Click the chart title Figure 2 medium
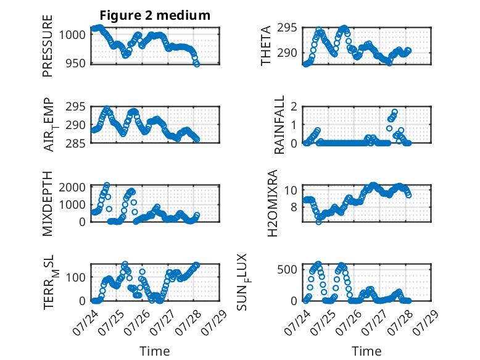tap(155, 15)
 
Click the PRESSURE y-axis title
tap(48, 46)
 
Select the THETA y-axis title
tap(266, 46)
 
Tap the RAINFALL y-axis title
tap(279, 125)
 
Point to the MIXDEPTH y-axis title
tap(48, 204)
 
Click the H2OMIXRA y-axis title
tap(272, 203)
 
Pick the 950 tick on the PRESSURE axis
tap(75, 64)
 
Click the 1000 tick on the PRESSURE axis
tap(72, 35)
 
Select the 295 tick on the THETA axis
tap(287, 28)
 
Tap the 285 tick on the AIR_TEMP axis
tap(75, 143)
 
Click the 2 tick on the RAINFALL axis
tap(294, 107)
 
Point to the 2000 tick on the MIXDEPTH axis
tap(72, 187)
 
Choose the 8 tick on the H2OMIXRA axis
tap(294, 207)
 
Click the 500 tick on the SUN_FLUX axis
tap(287, 270)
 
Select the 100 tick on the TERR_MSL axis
tap(75, 278)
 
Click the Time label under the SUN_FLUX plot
tap(366, 351)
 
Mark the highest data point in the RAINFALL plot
tap(395, 112)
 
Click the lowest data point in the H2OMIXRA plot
tap(319, 222)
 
